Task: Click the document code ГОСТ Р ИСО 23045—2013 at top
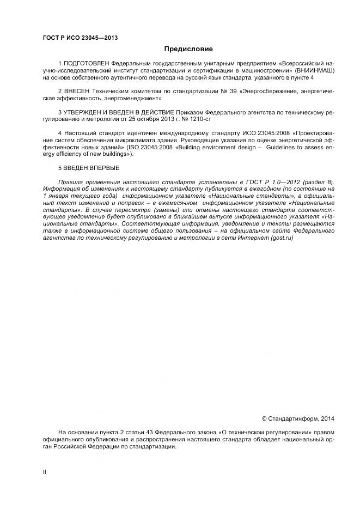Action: click(80, 38)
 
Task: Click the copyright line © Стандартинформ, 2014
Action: click(298, 419)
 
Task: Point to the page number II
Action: click(45, 472)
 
